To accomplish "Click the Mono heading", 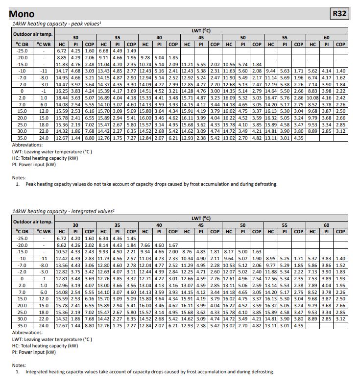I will tap(22, 14).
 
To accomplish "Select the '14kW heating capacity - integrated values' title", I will tap(63, 211).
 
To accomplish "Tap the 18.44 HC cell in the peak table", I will tap(62, 97).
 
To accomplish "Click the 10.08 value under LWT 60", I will tap(312, 97).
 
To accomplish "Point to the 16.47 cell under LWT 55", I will tap(271, 97).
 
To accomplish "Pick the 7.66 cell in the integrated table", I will tap(145, 245).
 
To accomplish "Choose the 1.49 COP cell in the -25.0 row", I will tap(131, 50).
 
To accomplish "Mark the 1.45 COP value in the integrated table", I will tap(131, 238).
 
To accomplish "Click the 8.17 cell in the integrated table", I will tap(229, 251).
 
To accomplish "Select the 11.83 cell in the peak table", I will tap(62, 64).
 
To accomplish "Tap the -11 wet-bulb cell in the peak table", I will tap(44, 71).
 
